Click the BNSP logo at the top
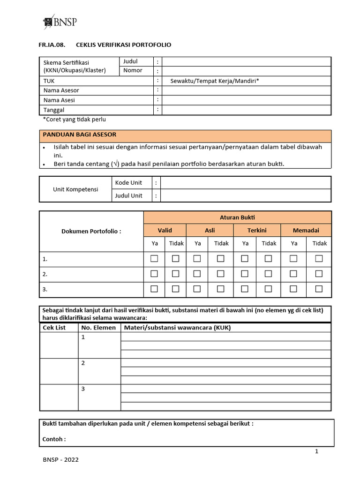tap(60, 22)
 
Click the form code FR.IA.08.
tap(50, 45)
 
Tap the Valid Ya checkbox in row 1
tap(154, 259)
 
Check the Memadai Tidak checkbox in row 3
tap(319, 289)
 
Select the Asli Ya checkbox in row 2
tap(197, 274)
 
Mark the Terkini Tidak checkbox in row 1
tap(269, 259)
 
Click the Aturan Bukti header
tap(237, 217)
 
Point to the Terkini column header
tap(257, 230)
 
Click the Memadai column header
tap(306, 230)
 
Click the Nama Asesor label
tap(61, 90)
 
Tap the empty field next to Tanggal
tap(246, 110)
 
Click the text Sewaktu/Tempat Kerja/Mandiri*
tap(215, 81)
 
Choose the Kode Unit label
tap(128, 182)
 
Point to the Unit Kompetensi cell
tap(75, 189)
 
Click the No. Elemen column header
tap(98, 328)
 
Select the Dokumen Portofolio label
tap(91, 231)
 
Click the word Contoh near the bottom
tap(54, 439)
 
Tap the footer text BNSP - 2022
tap(61, 460)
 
